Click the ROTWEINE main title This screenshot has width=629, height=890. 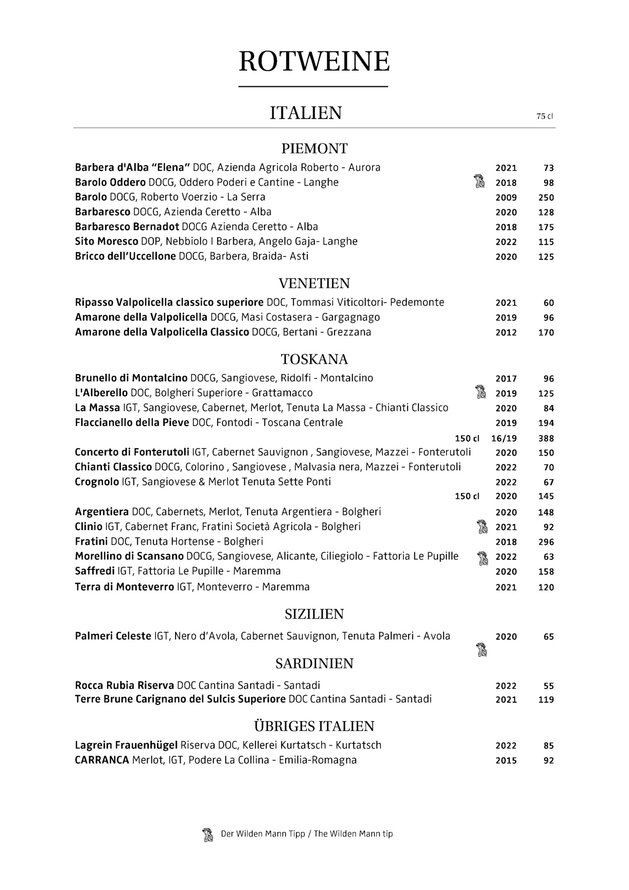tap(314, 62)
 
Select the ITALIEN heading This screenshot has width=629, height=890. tap(306, 113)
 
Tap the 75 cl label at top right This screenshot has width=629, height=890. tap(544, 116)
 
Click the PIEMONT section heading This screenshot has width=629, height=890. tap(314, 149)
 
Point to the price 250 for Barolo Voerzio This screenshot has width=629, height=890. tap(546, 197)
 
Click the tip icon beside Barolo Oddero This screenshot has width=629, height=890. tap(479, 181)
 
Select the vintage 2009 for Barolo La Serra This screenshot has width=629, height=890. tap(505, 197)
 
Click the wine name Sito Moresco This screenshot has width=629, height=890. tap(107, 242)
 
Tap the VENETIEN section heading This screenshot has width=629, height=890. tap(314, 284)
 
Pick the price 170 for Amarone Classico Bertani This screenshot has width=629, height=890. tap(546, 333)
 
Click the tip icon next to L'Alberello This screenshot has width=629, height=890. tap(480, 392)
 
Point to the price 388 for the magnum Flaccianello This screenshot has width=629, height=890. tap(546, 439)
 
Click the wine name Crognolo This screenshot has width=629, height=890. tap(97, 482)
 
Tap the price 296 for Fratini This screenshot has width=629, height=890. tap(546, 542)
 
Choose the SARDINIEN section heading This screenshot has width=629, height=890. tap(314, 663)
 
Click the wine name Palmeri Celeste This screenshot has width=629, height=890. tap(113, 636)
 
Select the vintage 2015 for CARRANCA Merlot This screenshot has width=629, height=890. tap(505, 760)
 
